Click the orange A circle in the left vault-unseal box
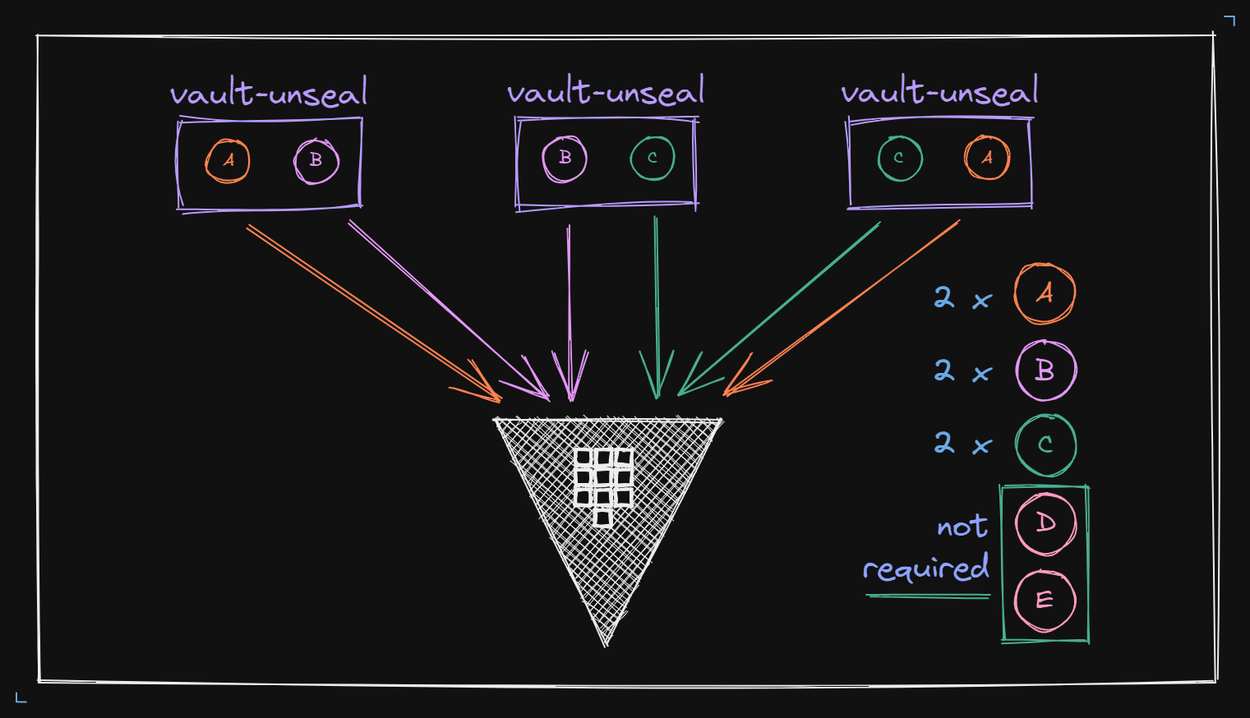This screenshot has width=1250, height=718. pos(228,160)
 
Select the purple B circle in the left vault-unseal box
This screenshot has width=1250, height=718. pos(316,160)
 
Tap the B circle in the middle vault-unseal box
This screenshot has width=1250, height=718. pos(565,158)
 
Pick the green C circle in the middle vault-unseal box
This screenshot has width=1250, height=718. pos(653,158)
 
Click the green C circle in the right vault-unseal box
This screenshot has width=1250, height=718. pos(899,158)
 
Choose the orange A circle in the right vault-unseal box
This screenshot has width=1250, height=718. pos(987,158)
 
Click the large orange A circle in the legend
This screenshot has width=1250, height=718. pos(1045,293)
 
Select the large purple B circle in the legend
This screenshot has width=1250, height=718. pos(1045,370)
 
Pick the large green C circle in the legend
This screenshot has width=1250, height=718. pos(1045,444)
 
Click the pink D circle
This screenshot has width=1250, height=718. pos(1045,523)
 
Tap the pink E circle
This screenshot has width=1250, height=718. pos(1045,600)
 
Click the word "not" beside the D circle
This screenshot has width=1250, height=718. pos(962,526)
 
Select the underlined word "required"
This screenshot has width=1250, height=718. pos(926,568)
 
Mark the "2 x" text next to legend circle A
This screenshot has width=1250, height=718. pos(962,297)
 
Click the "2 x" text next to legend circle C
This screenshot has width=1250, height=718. pos(962,444)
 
